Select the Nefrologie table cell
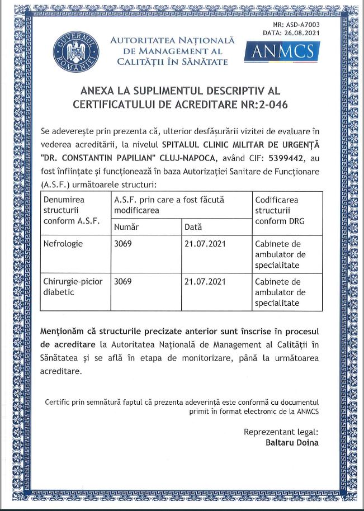pos(63,244)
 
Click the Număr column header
pos(126,227)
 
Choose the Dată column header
pos(193,227)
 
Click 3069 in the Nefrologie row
pos(123,244)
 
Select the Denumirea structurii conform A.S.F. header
pos(72,210)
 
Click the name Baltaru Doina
pos(292,442)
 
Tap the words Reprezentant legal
pos(281,432)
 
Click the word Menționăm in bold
pos(63,331)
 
